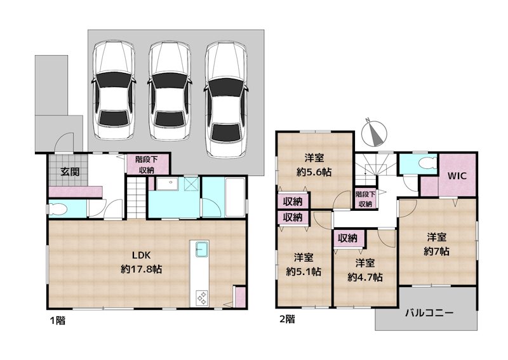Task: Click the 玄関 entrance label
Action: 70,171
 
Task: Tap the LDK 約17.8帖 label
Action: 142,262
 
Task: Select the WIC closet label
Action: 457,176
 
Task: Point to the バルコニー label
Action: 429,313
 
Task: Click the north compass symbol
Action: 374,133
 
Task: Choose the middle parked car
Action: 169,91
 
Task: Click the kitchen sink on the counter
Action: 201,250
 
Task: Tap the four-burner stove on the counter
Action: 201,298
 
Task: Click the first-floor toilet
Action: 58,210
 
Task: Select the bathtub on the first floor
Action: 235,197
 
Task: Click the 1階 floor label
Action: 57,321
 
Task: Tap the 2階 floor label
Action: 287,319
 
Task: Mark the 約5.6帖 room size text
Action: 314,172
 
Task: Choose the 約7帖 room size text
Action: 436,251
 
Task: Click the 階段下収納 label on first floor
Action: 147,164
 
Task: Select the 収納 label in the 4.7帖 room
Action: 347,238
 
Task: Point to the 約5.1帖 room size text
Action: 304,272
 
